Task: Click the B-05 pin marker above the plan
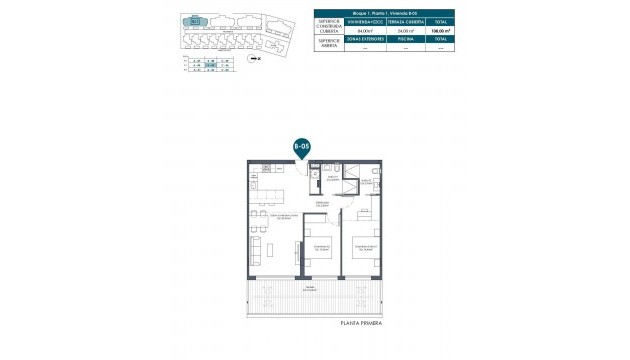301,146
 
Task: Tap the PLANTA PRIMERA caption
360,323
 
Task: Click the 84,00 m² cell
365,32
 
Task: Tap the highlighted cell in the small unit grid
212,65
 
